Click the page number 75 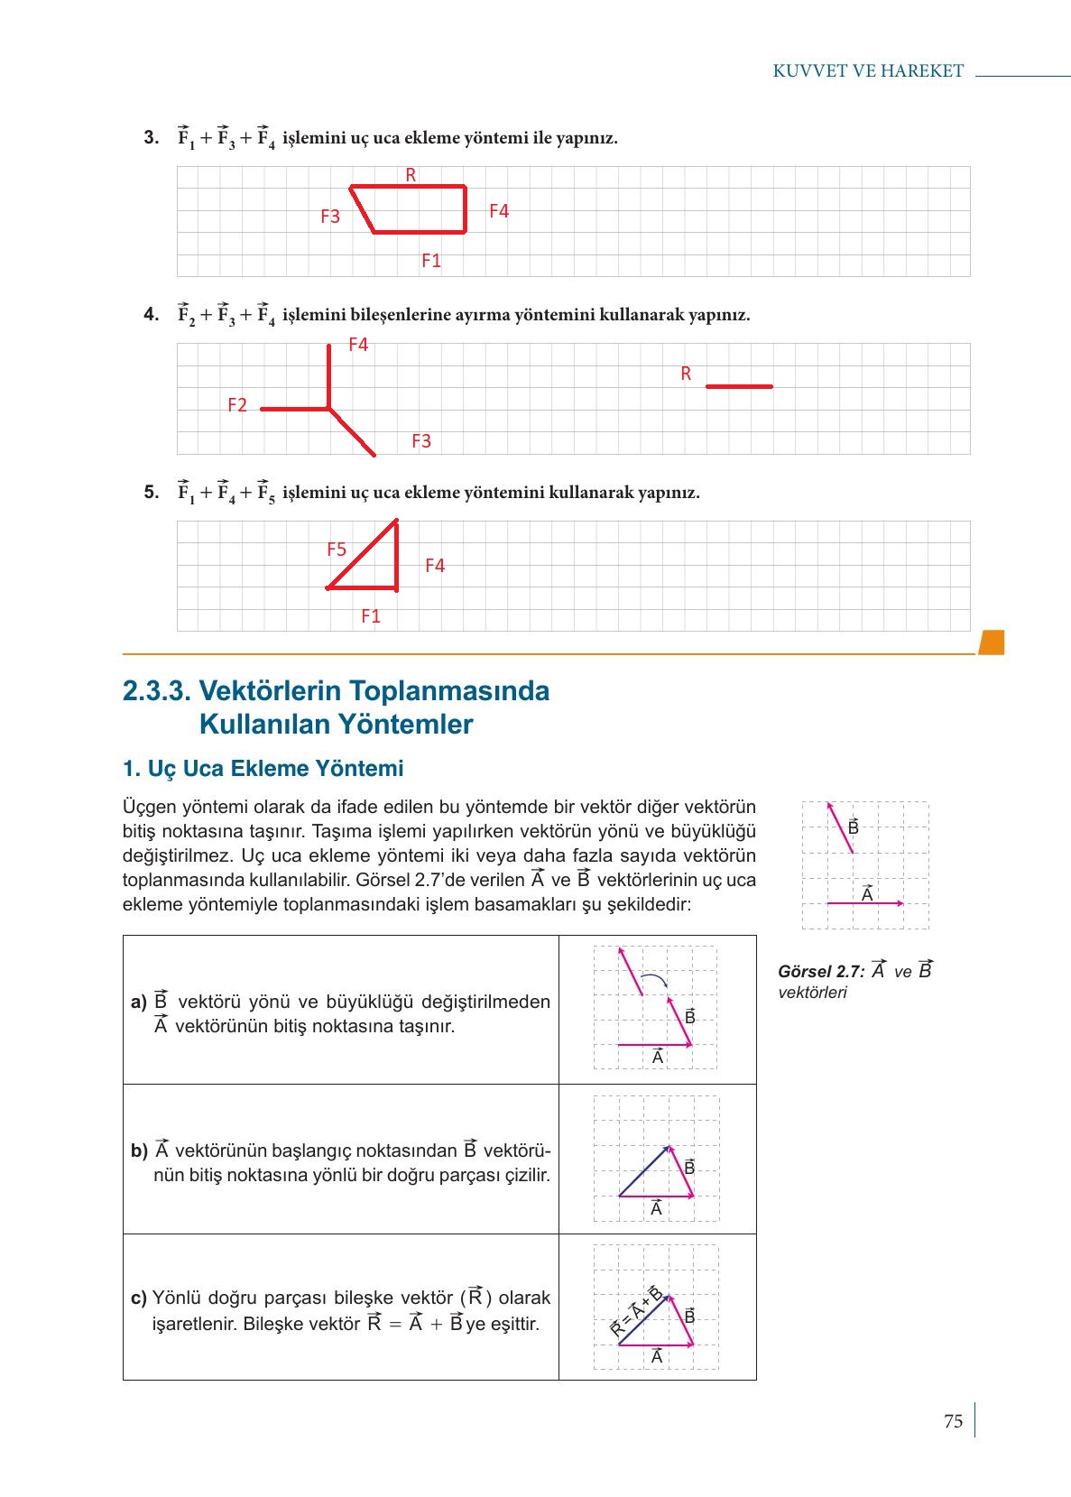(953, 1421)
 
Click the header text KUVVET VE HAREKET (868, 71)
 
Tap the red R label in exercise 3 (411, 175)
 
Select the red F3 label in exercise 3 (330, 217)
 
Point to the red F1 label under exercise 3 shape (431, 261)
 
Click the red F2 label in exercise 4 (237, 405)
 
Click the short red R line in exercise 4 (739, 386)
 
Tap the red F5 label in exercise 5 (337, 550)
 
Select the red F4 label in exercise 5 (435, 566)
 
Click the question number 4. (152, 315)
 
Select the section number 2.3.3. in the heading (157, 691)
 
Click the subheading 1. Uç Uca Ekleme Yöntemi (263, 769)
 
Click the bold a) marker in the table (138, 1002)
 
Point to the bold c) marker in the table (138, 1298)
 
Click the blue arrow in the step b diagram (644, 1171)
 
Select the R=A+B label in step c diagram (635, 1313)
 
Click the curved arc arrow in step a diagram (654, 980)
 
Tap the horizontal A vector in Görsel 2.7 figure (864, 902)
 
